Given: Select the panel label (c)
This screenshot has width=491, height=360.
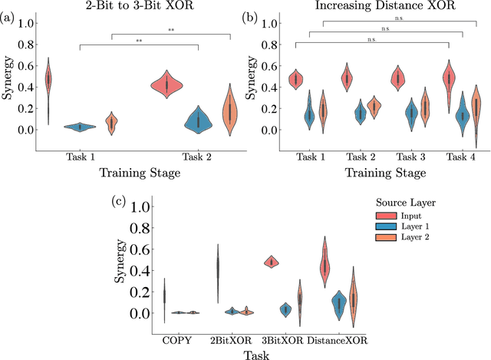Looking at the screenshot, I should (x=120, y=201).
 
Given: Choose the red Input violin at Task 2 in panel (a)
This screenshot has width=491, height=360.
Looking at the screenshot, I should (x=184, y=84).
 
